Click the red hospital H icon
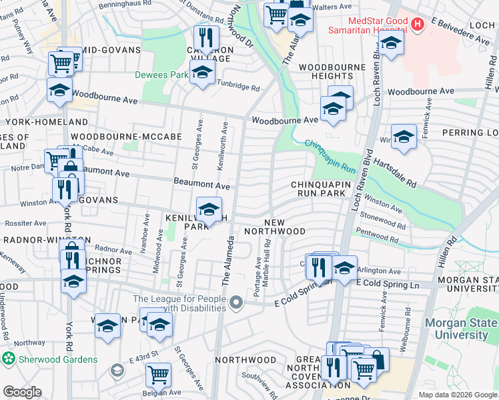pyautogui.click(x=418, y=25)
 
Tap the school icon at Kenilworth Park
pyautogui.click(x=209, y=209)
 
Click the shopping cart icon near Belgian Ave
pyautogui.click(x=157, y=375)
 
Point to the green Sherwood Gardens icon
pyautogui.click(x=8, y=359)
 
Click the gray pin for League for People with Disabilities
pyautogui.click(x=235, y=304)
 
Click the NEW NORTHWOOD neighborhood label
pyautogui.click(x=275, y=227)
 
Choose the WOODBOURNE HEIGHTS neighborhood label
pyautogui.click(x=331, y=72)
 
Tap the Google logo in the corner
pyautogui.click(x=22, y=392)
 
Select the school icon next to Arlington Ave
pyautogui.click(x=344, y=268)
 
